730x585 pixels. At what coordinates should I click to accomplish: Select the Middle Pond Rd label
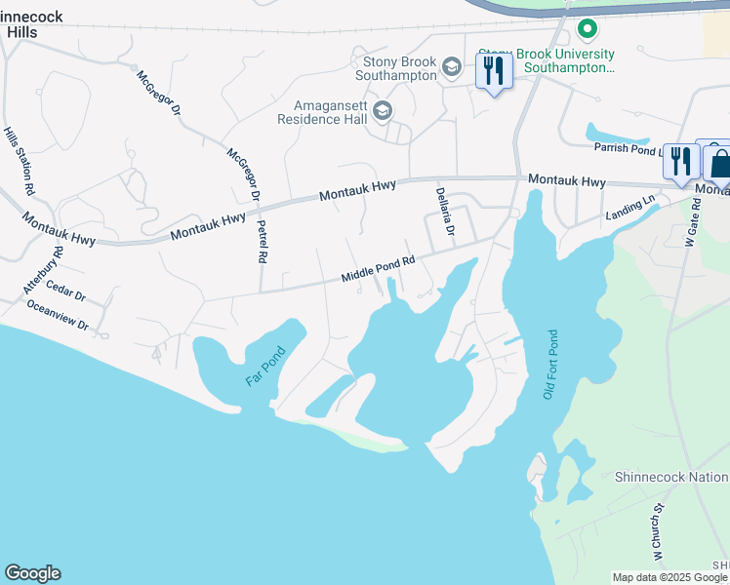point(379,270)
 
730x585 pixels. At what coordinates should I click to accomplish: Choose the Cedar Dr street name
point(66,292)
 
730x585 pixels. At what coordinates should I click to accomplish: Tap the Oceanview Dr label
point(58,315)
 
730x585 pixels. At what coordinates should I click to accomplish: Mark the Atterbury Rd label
point(43,270)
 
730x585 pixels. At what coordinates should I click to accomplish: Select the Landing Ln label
point(629,207)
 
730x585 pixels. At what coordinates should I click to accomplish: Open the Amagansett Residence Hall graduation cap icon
point(383,111)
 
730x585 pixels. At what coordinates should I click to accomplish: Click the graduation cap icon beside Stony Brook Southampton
point(451,66)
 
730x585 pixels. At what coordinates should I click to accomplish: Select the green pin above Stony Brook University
point(587,30)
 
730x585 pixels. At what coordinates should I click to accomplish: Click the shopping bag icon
point(719,162)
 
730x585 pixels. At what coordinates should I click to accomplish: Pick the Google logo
point(32,573)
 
